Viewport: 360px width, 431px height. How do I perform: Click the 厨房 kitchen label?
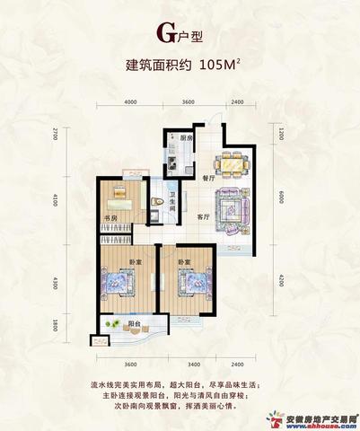coord(186,138)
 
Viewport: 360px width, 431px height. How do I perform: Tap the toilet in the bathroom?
coord(159,204)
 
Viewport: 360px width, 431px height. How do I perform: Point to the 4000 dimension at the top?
coord(130,102)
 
